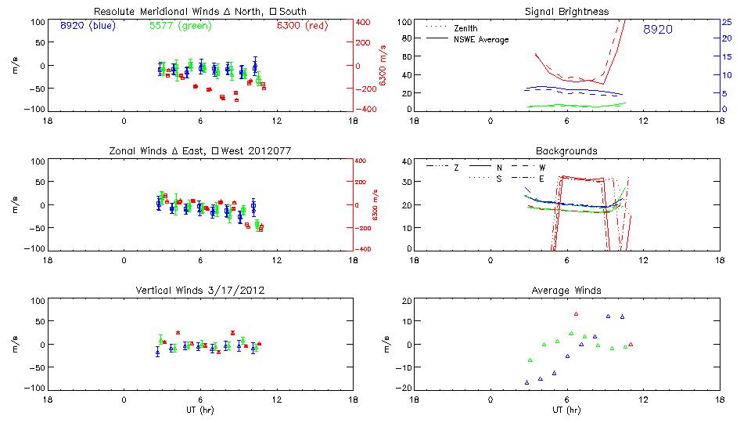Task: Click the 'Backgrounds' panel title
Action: point(566,150)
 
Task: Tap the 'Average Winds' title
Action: point(566,291)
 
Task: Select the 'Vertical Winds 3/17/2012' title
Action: point(200,291)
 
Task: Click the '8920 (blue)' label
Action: point(87,26)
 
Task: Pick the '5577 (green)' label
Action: point(178,26)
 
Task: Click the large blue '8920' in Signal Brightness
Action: point(658,30)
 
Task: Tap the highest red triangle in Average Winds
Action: point(576,314)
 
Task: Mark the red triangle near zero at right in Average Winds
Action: point(631,345)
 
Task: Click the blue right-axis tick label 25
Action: point(726,22)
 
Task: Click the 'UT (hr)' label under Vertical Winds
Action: point(199,410)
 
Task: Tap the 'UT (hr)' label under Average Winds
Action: point(566,410)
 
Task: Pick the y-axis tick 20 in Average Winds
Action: point(406,302)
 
